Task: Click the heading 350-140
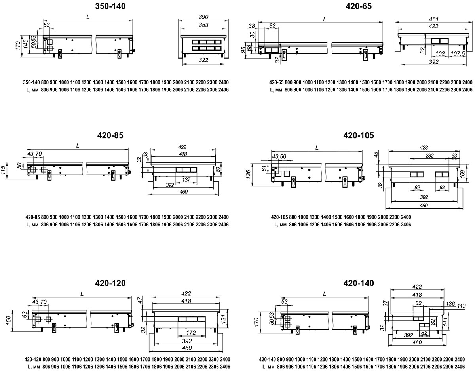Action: pos(110,6)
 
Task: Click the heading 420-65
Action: pos(359,6)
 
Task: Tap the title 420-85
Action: pos(110,135)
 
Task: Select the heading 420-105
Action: pos(359,135)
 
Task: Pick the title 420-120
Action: pos(110,283)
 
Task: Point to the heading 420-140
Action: pos(359,283)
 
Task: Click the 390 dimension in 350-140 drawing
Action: pos(203,17)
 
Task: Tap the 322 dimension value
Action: pos(203,60)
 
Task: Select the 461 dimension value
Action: pos(434,19)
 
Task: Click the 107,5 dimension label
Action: pos(458,53)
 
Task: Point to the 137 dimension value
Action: pos(186,179)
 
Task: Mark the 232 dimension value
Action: pos(429,156)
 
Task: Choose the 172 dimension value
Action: pos(191,333)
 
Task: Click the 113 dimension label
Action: pos(461,306)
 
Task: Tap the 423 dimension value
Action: pos(424,148)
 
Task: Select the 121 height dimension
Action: pos(223,319)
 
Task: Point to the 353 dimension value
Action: pos(203,25)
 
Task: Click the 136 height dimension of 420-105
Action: pos(248,175)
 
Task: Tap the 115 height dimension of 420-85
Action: pos(3,170)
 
